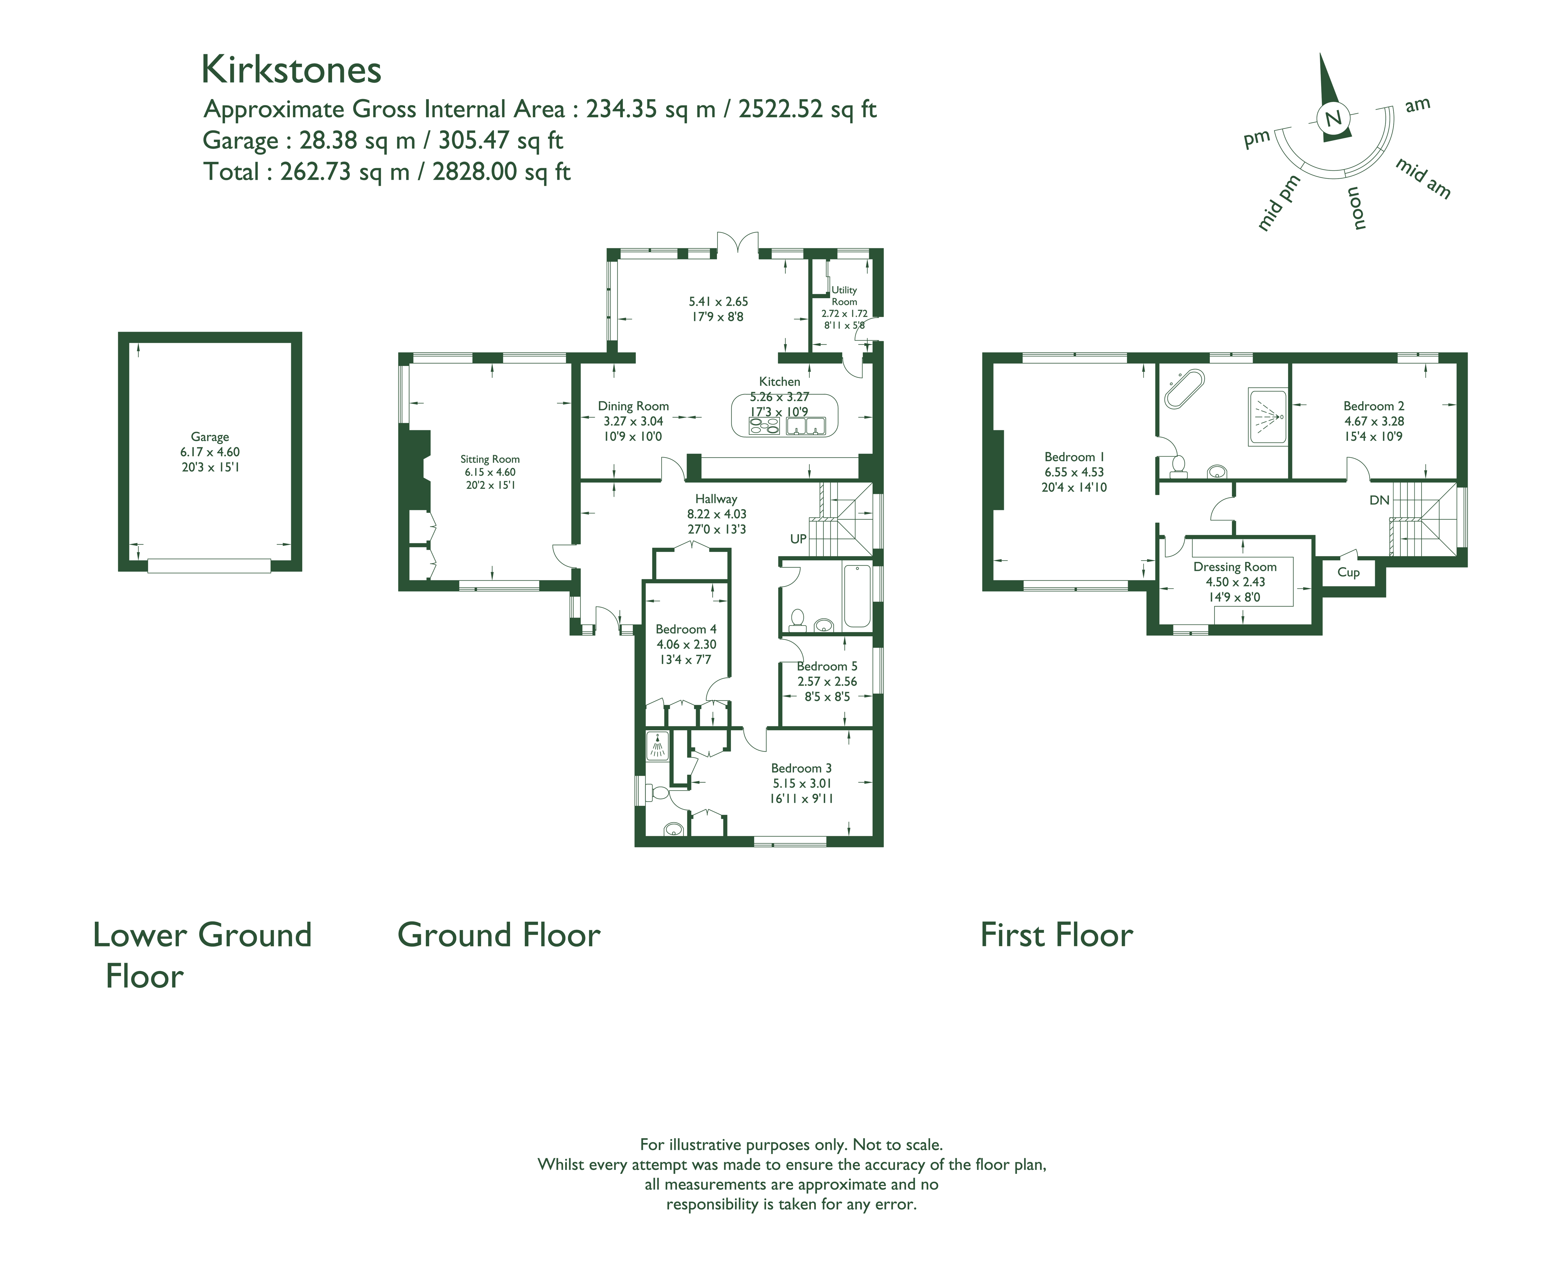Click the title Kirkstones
291,70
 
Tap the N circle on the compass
1333,117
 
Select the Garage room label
210,437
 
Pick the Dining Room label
633,406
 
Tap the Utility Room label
844,295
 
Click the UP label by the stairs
798,539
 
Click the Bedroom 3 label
801,769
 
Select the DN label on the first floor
1379,500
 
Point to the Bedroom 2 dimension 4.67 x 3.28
1374,422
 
